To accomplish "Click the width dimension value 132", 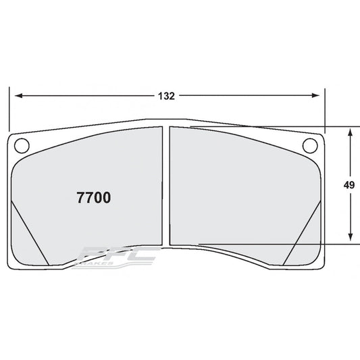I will click(x=168, y=96).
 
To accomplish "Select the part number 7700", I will click(x=91, y=199).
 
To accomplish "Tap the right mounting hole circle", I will click(x=311, y=144).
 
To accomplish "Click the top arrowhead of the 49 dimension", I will click(x=350, y=132).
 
